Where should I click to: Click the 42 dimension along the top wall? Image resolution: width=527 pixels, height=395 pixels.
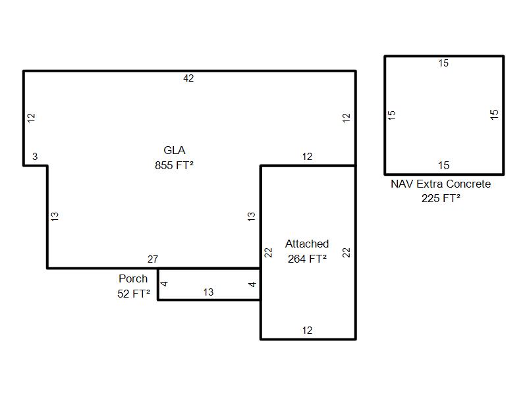tap(188, 78)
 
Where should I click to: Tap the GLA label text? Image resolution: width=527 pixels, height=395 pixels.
tap(175, 150)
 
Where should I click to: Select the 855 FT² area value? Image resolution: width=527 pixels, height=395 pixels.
tap(174, 165)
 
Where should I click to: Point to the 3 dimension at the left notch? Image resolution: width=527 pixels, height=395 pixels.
tap(35, 156)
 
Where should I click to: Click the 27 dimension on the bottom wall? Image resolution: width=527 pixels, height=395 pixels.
tap(153, 259)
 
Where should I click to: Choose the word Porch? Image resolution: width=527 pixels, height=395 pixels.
tap(133, 278)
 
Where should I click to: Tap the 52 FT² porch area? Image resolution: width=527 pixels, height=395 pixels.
tap(134, 294)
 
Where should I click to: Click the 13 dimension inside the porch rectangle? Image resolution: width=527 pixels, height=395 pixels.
tap(208, 292)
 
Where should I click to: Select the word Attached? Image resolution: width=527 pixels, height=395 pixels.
tap(307, 244)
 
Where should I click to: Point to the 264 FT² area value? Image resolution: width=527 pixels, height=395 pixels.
tap(307, 259)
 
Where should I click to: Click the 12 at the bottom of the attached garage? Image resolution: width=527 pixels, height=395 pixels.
tap(307, 330)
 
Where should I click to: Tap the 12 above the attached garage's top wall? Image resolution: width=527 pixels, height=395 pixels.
tap(307, 157)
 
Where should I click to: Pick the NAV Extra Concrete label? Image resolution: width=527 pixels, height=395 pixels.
tap(441, 184)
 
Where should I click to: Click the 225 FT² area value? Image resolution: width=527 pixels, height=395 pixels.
tap(441, 198)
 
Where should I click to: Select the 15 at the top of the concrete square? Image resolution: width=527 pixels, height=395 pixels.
tap(443, 63)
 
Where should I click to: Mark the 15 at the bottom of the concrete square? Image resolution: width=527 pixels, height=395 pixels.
tap(443, 165)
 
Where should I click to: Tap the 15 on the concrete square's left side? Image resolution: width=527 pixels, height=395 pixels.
tap(392, 115)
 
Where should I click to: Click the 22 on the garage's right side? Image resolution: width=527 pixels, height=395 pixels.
tap(347, 252)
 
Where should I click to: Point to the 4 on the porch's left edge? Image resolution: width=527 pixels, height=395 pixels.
tap(164, 284)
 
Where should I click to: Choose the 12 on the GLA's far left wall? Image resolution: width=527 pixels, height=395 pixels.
tap(31, 118)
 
